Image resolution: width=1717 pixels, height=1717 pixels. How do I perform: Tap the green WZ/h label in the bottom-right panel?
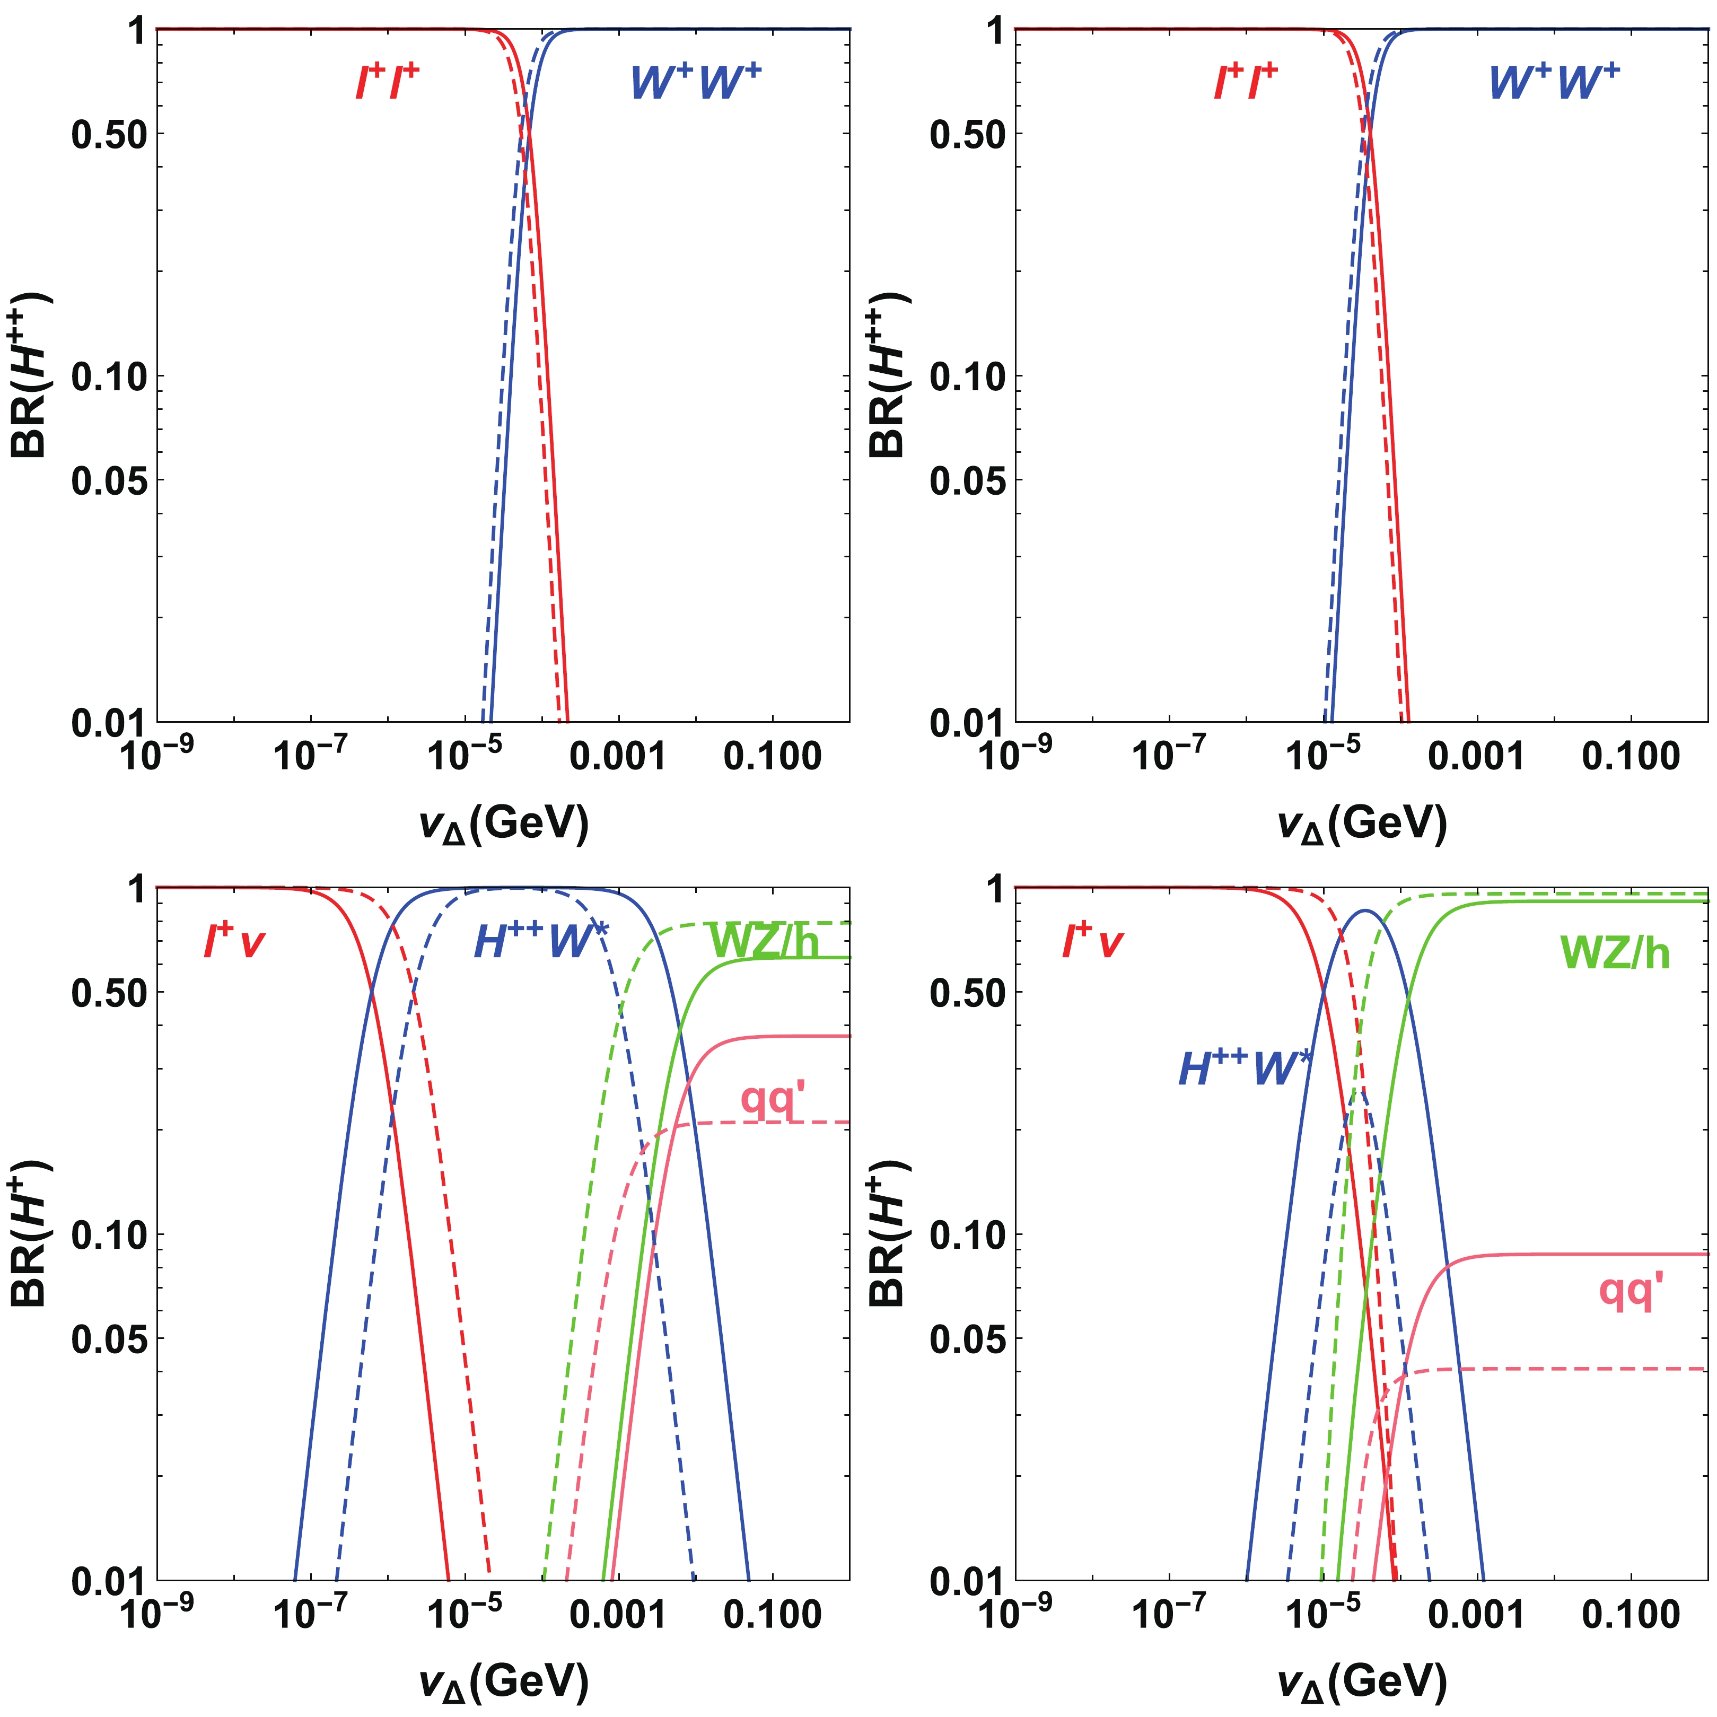point(1615,953)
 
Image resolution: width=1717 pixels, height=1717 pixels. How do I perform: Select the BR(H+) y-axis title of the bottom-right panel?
point(889,1236)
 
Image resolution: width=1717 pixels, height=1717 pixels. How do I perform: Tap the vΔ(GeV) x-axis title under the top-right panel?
point(1362,825)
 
